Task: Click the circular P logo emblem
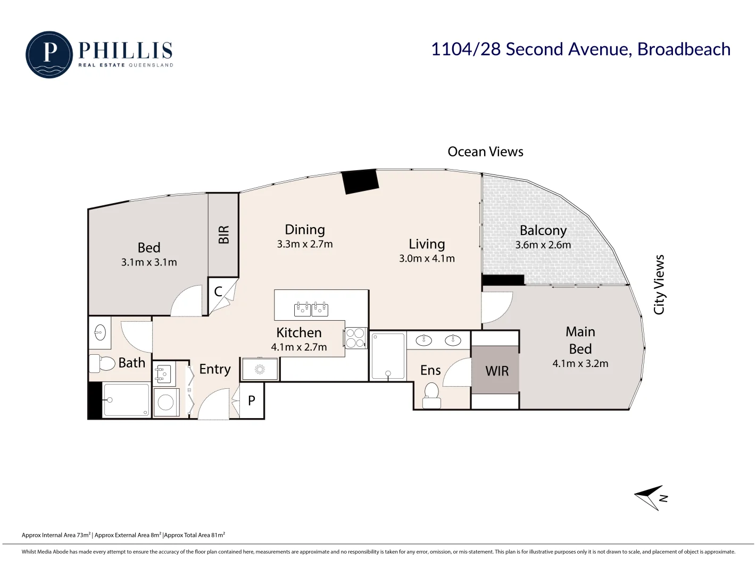(x=49, y=54)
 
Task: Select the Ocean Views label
(x=485, y=152)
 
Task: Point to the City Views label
(x=659, y=285)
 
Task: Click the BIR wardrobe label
(x=224, y=235)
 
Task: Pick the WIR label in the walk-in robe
(x=497, y=371)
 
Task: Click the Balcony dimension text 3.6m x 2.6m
(x=543, y=245)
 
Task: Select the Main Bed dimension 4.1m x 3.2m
(x=580, y=363)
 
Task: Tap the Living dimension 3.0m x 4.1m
(x=427, y=258)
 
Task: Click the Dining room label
(x=305, y=230)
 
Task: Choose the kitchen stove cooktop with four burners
(x=356, y=338)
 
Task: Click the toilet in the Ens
(x=431, y=396)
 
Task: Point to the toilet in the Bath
(x=102, y=363)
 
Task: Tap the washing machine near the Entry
(x=166, y=403)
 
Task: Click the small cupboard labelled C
(x=218, y=292)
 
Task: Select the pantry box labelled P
(x=252, y=400)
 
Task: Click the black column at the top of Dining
(x=360, y=181)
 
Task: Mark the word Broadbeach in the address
(x=684, y=49)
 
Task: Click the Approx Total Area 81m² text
(x=195, y=535)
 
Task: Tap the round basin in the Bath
(x=100, y=332)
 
